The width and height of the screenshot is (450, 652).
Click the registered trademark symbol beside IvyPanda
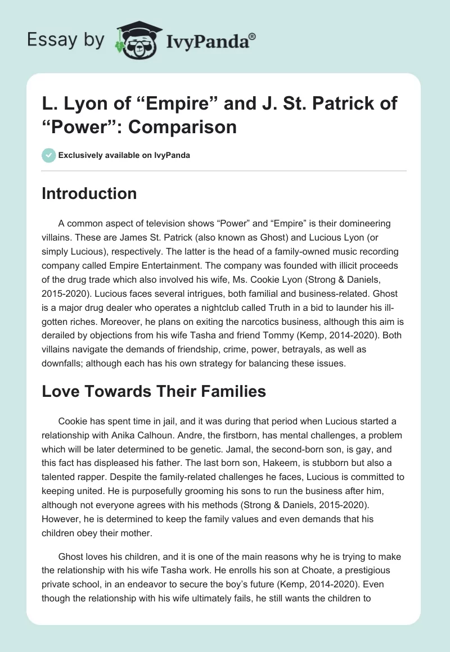click(253, 36)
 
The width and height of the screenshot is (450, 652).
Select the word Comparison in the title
click(182, 126)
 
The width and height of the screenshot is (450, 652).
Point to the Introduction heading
click(89, 193)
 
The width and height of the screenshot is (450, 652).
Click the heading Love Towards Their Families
click(154, 391)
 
